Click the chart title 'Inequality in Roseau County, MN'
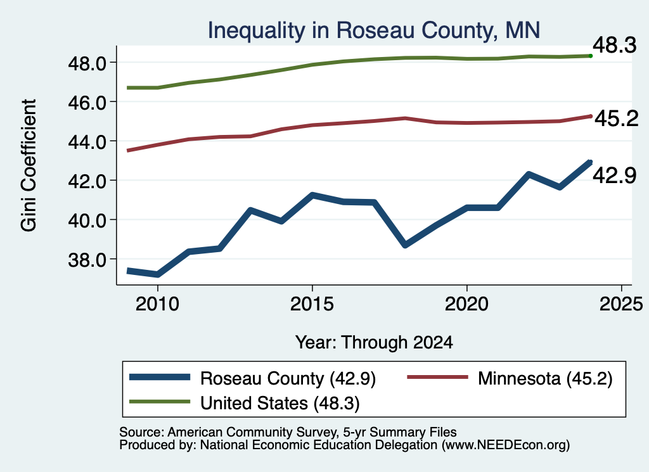[374, 30]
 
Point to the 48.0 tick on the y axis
[87, 63]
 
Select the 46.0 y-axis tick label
[87, 103]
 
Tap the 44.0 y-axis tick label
[87, 142]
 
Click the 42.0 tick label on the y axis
[87, 181]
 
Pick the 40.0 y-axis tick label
[87, 220]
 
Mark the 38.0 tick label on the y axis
[87, 260]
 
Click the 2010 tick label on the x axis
[157, 304]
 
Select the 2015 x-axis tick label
[312, 304]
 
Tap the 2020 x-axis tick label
[466, 304]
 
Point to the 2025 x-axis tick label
[621, 304]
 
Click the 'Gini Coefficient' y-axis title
[29, 165]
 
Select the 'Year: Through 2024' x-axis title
[374, 343]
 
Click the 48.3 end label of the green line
[615, 45]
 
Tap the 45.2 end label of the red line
[617, 118]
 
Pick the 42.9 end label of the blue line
[615, 175]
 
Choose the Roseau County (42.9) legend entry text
[288, 378]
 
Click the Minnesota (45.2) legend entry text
[545, 378]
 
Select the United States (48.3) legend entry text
[280, 404]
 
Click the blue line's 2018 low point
[405, 245]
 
